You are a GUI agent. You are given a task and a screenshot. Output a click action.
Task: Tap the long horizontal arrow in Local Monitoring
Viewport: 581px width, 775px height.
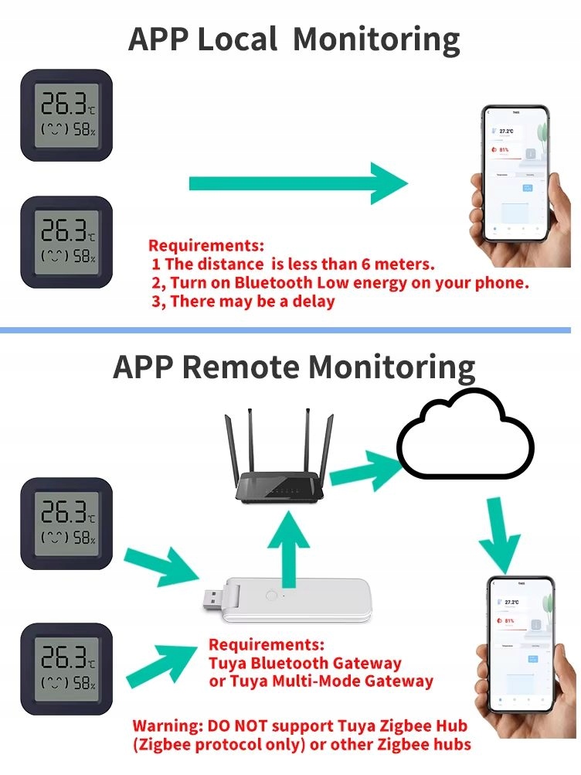[x=297, y=183]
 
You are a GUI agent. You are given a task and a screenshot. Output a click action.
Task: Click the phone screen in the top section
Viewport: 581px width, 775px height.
[x=517, y=176]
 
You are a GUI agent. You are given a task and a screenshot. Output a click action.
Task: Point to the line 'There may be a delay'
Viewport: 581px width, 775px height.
[x=253, y=301]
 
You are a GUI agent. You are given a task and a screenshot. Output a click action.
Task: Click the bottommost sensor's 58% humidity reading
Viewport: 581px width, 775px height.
[x=83, y=683]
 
